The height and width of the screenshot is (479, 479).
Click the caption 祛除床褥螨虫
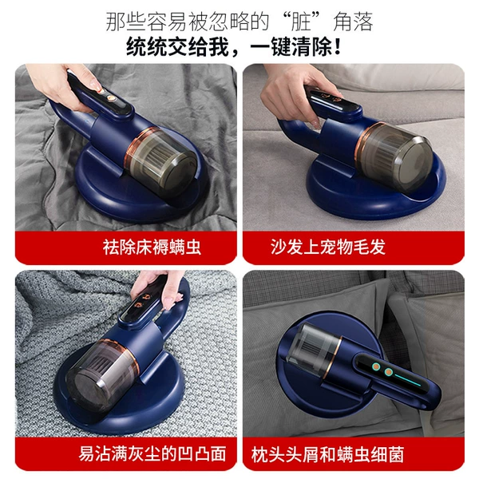tap(152, 247)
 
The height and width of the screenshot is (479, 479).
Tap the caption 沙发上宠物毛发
tap(327, 247)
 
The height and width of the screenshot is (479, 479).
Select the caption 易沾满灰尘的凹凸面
tap(152, 453)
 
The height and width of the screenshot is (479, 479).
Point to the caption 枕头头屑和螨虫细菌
tap(328, 454)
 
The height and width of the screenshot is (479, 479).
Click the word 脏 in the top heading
tap(301, 22)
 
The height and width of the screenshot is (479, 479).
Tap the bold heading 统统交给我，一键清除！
tap(234, 47)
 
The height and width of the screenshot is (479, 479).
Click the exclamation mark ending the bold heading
tap(337, 47)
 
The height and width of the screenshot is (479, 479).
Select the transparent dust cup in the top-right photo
tap(396, 156)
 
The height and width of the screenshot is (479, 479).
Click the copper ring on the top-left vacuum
tap(138, 144)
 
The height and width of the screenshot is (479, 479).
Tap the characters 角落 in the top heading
tap(354, 22)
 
